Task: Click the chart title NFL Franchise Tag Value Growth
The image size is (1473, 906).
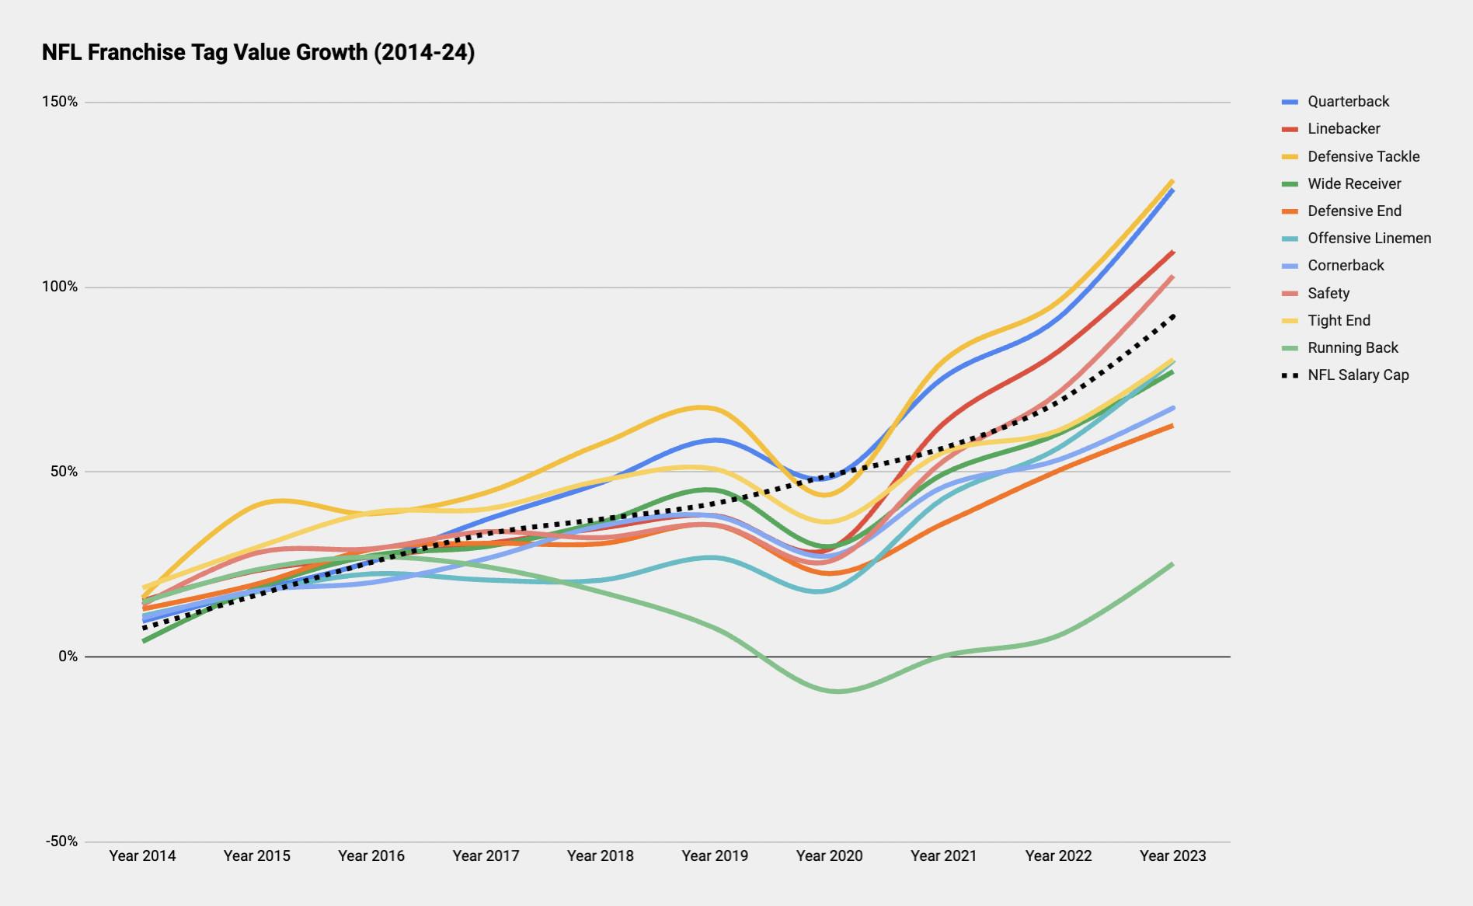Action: pos(258,52)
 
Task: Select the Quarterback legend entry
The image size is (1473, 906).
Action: pos(1348,102)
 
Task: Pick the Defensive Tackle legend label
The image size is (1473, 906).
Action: pos(1363,156)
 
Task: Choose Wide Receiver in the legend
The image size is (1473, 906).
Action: pos(1354,183)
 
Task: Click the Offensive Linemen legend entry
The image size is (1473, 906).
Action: pos(1369,238)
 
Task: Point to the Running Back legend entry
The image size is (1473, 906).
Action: pos(1353,347)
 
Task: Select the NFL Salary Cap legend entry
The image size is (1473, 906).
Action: pos(1358,375)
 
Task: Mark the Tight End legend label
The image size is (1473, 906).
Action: pos(1339,320)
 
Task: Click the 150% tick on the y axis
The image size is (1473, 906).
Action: pos(60,102)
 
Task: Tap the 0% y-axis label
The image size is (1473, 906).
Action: pos(68,657)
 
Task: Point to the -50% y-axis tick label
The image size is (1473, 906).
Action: pos(61,842)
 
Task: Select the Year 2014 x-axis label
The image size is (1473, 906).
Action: pos(142,855)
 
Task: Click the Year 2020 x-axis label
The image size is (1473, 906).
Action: pos(829,855)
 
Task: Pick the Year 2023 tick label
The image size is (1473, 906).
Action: pos(1172,855)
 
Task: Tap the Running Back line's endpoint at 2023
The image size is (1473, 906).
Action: pos(1172,564)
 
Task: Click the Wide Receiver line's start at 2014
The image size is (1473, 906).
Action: pos(145,640)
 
